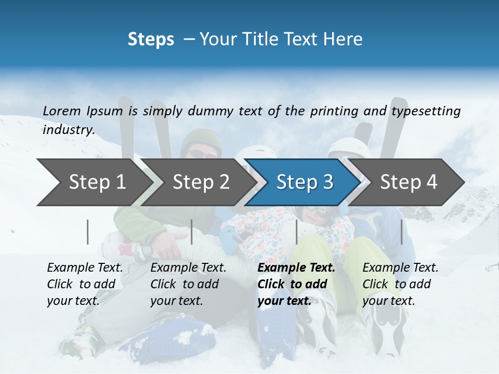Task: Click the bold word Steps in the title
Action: point(151,39)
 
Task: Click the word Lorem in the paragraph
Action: point(62,111)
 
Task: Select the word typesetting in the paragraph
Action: point(426,111)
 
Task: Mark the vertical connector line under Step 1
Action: point(88,232)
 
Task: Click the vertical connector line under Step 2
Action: point(192,232)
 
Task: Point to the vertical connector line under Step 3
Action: point(296,232)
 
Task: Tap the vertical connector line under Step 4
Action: point(402,232)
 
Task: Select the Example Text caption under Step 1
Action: point(85,268)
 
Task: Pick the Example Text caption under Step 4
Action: point(400,268)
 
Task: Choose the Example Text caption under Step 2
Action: point(188,268)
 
